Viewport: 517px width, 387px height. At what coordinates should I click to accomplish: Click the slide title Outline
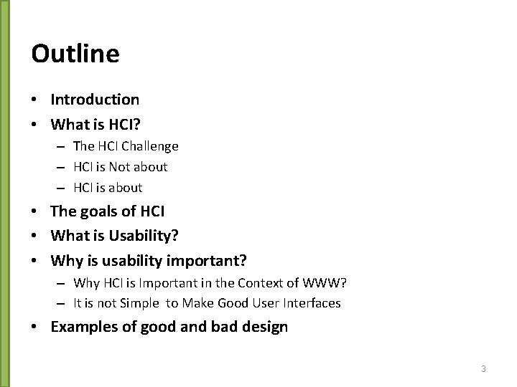tap(75, 54)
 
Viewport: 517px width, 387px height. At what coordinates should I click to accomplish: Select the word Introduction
tap(95, 100)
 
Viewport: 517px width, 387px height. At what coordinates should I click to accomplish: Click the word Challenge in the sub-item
tap(150, 146)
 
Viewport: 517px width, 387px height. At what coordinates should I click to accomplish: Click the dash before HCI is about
tap(60, 188)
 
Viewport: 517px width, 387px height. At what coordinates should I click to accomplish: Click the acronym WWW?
tap(325, 282)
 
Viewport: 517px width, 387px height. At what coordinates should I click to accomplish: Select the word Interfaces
tap(311, 303)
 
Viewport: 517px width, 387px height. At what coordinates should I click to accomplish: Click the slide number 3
tap(483, 369)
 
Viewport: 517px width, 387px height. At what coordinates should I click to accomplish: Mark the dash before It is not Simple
tap(60, 303)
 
